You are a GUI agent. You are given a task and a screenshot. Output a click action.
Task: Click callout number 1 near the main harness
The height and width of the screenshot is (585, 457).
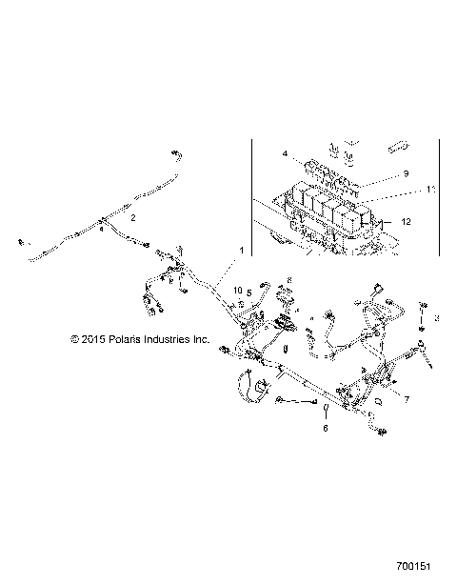[241, 250]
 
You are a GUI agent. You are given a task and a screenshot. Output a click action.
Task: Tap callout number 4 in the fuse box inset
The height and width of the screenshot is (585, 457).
[284, 152]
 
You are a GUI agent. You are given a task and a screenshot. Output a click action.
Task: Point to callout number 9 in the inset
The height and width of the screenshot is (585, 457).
[405, 173]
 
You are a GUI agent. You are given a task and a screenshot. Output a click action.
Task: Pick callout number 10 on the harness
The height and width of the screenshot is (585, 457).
[237, 292]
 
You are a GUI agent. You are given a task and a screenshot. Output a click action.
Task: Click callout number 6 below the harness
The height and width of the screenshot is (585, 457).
[324, 430]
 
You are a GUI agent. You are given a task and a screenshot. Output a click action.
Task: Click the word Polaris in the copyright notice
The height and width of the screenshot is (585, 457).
[132, 338]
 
